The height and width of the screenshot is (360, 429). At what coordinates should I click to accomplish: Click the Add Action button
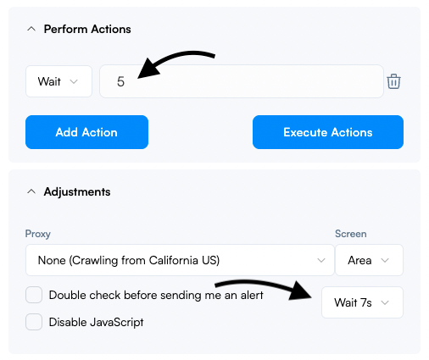tap(86, 132)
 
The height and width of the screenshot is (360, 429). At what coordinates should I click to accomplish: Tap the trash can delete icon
tap(393, 81)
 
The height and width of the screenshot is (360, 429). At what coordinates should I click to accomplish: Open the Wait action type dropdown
tap(58, 81)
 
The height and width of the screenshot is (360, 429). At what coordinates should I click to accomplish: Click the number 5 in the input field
tap(120, 81)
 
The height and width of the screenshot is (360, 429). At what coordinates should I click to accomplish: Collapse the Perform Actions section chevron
tap(31, 29)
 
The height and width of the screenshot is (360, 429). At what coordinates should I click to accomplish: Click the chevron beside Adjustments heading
tap(31, 191)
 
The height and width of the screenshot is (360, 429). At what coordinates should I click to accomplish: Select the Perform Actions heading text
tap(87, 29)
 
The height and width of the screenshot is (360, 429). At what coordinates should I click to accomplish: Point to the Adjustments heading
tap(77, 192)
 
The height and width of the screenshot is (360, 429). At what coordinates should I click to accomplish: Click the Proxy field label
tap(38, 234)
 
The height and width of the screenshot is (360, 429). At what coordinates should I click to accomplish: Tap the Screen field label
tap(351, 234)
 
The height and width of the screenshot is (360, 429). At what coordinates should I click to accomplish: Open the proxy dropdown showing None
tap(180, 260)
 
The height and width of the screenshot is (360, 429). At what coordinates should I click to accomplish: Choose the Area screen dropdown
tap(369, 260)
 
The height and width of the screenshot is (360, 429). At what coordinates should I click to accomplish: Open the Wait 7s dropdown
tap(362, 302)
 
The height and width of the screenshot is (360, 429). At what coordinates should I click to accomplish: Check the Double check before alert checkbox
tap(34, 295)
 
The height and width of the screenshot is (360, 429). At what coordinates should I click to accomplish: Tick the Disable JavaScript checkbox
tap(34, 322)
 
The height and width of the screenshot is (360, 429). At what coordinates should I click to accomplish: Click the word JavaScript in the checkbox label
tap(116, 323)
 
